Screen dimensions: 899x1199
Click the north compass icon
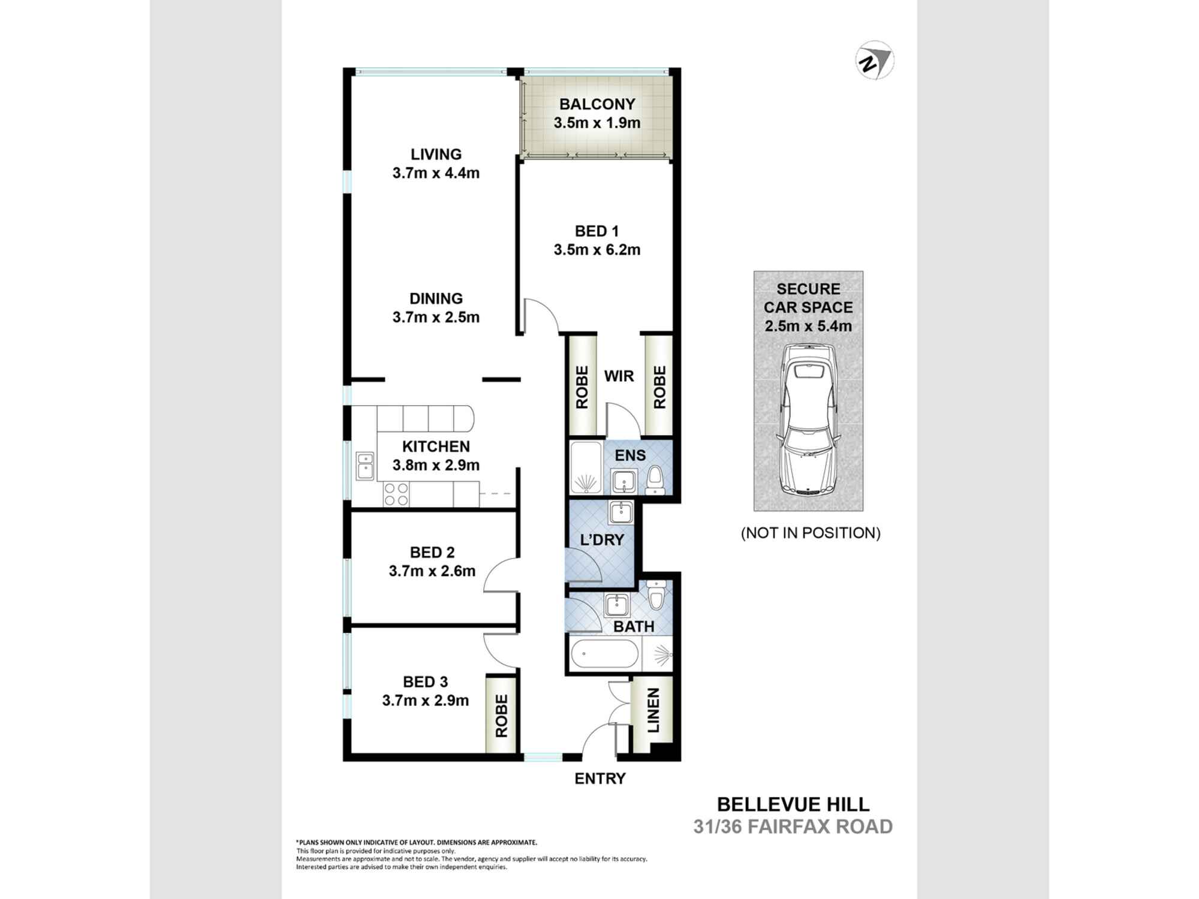pyautogui.click(x=875, y=61)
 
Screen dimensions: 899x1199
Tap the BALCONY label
pyautogui.click(x=597, y=104)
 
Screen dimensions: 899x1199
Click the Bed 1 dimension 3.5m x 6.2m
pyautogui.click(x=597, y=250)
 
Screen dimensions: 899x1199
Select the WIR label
pyautogui.click(x=619, y=376)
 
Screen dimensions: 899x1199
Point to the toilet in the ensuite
pyautogui.click(x=655, y=480)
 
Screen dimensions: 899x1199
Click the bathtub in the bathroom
pyautogui.click(x=604, y=655)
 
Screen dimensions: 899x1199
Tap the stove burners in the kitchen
pyautogui.click(x=396, y=494)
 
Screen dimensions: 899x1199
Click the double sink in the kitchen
pyautogui.click(x=364, y=466)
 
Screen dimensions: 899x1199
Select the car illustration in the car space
pyautogui.click(x=808, y=420)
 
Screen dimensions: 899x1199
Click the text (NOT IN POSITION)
pyautogui.click(x=811, y=533)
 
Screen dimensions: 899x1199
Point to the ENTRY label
pyautogui.click(x=599, y=779)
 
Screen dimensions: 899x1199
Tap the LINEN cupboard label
pyautogui.click(x=653, y=710)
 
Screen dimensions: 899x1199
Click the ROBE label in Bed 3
pyautogui.click(x=501, y=716)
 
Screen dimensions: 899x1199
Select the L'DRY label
pyautogui.click(x=602, y=540)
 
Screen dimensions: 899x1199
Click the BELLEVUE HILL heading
pyautogui.click(x=793, y=804)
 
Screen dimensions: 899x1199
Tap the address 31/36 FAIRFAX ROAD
pyautogui.click(x=793, y=827)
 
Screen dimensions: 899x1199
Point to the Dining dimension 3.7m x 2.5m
pyautogui.click(x=436, y=318)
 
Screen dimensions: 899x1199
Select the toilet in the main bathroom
pyautogui.click(x=656, y=594)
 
